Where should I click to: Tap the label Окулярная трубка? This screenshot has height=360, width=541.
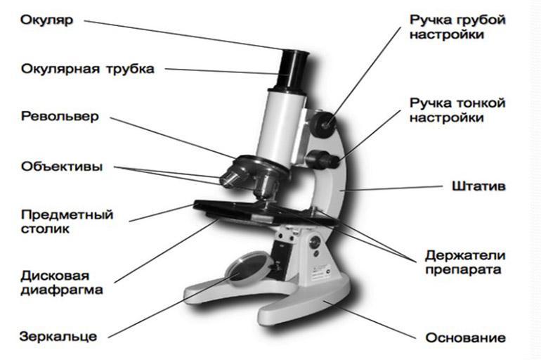point(87,69)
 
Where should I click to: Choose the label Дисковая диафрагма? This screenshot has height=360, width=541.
point(62,281)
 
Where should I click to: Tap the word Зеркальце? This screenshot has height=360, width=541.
point(58,335)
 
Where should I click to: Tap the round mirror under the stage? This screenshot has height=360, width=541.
point(245,271)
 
